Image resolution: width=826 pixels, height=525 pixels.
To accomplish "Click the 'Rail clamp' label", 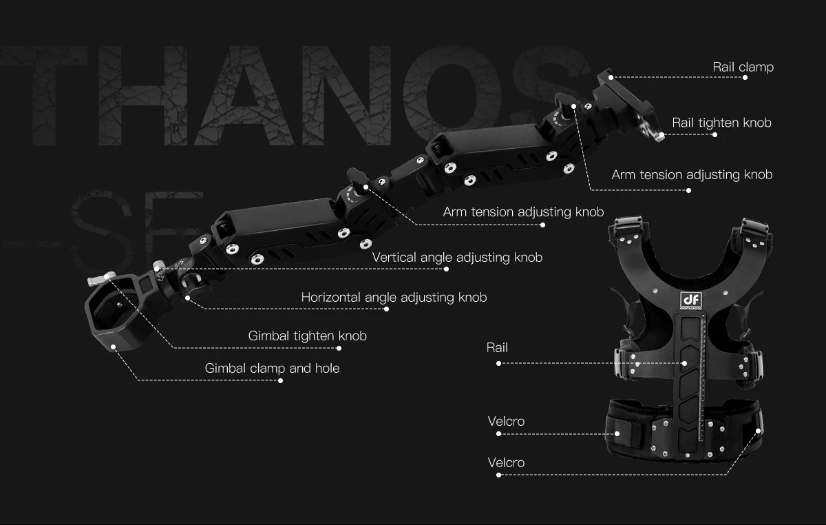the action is point(743,67).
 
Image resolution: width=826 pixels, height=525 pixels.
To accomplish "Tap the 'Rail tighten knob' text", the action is point(721,123).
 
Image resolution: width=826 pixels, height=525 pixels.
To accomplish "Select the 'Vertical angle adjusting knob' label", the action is point(457,257).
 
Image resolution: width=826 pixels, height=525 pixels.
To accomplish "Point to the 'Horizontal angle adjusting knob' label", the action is point(394,297).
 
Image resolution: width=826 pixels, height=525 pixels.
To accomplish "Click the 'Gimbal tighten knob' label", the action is point(307,336).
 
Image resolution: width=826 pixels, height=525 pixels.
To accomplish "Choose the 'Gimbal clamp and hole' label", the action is point(272,368).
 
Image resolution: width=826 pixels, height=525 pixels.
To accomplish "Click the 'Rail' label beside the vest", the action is point(497,347).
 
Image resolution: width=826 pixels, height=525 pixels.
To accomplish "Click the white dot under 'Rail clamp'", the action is point(745,78).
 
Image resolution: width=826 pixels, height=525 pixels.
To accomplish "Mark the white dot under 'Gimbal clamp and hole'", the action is point(280,380).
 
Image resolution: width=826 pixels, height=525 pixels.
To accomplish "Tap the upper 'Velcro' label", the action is point(506,421).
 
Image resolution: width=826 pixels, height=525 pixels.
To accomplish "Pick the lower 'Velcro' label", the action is point(506,462).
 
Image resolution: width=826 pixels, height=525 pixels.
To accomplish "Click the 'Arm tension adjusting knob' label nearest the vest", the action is point(692,174).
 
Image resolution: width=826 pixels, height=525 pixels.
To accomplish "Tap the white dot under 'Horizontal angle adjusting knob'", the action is point(386,309).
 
